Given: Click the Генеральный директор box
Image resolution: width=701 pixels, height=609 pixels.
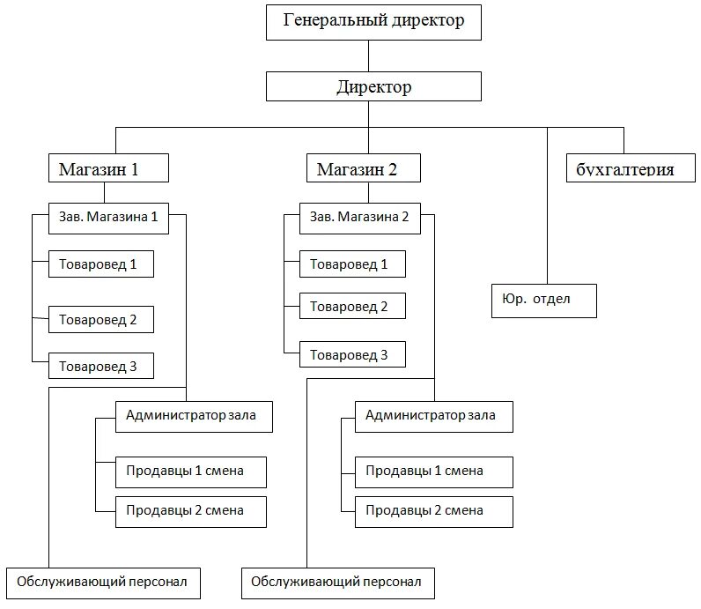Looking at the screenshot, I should (x=373, y=21).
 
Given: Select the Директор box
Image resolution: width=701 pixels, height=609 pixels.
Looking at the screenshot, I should (x=373, y=86).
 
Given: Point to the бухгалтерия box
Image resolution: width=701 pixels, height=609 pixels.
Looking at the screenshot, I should (x=624, y=168).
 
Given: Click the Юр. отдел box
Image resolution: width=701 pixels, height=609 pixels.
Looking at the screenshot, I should (x=543, y=300).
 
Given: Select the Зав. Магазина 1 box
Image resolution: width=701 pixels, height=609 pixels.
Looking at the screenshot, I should (x=108, y=218).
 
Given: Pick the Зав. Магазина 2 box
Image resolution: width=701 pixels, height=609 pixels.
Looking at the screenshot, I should (x=360, y=218).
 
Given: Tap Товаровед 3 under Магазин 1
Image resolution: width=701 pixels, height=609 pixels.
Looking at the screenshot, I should (x=101, y=367).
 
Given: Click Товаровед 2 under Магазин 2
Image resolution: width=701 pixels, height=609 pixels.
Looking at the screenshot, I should (x=352, y=306).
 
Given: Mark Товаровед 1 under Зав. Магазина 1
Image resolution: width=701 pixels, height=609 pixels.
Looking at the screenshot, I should (x=101, y=264).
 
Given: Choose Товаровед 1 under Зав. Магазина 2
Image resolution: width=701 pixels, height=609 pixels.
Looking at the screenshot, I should (x=352, y=264).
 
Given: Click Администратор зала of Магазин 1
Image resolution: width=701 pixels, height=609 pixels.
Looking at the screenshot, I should (x=194, y=415).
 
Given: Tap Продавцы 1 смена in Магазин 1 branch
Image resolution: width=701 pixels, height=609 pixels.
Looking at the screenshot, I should (x=191, y=471).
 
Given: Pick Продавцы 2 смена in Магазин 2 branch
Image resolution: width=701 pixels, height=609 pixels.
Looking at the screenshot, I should (x=433, y=510).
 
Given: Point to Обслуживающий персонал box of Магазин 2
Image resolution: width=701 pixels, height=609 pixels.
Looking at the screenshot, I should (x=337, y=582).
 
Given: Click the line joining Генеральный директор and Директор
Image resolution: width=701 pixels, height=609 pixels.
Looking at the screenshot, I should (x=369, y=56).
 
